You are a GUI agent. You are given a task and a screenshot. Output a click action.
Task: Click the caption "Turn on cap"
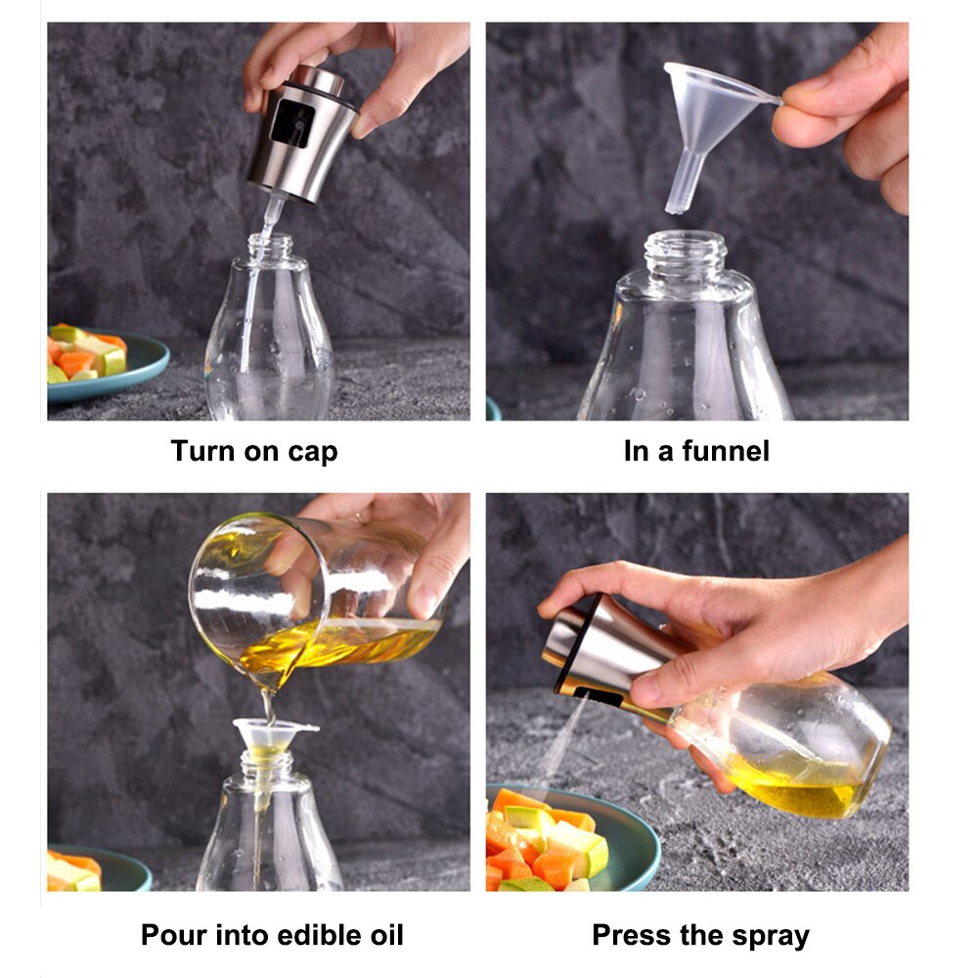[254, 451]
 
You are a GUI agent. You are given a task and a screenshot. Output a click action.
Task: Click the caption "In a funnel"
[696, 451]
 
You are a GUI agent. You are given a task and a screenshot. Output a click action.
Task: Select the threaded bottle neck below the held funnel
[685, 252]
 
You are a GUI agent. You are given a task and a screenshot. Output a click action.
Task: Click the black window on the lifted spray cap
[292, 124]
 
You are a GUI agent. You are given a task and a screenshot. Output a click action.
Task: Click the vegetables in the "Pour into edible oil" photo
[73, 870]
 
